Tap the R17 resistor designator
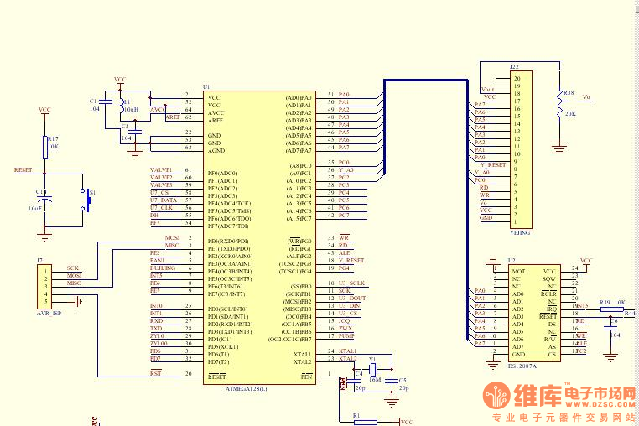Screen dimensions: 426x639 pos(52,138)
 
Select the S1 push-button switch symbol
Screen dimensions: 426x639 pos(86,200)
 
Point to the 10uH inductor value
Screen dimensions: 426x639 pos(130,109)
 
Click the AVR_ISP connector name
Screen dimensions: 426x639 pos(49,312)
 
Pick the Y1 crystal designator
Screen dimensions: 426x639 pos(373,358)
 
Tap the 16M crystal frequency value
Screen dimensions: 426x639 pos(374,379)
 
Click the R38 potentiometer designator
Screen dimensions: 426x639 pos(569,92)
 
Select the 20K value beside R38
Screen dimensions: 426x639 pos(570,113)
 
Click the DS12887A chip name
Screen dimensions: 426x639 pos(522,366)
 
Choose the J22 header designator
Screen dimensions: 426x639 pos(514,66)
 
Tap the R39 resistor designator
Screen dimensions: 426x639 pos(604,302)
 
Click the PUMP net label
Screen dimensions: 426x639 pos(345,335)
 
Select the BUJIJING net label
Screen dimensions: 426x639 pos(163,268)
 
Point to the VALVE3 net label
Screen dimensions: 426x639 pos(161,184)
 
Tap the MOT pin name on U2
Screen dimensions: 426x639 pos(518,271)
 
